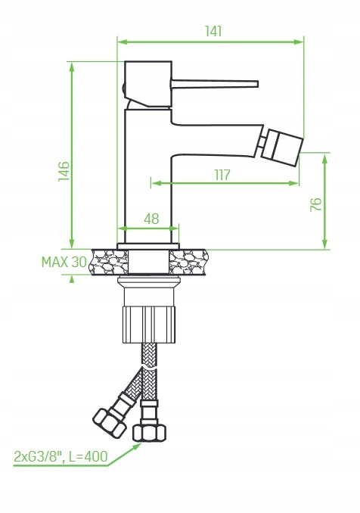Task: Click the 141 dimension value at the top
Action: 213,31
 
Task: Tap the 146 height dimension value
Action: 64,171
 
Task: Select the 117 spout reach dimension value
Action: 222,175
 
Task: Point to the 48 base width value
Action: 151,219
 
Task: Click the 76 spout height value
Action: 316,204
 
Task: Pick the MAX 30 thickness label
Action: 64,262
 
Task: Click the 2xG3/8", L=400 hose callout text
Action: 61,456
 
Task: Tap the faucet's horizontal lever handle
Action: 214,84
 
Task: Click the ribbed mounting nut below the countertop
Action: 149,325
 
